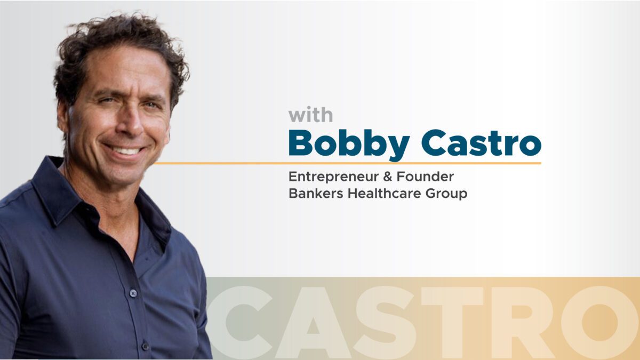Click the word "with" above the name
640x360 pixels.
pos(310,115)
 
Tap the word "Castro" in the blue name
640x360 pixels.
pos(482,143)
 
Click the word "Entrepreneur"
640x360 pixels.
pos(333,177)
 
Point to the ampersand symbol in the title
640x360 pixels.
pos(387,177)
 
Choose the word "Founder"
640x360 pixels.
pos(425,177)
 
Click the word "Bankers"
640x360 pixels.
pos(316,194)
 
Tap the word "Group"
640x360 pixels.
pos(446,194)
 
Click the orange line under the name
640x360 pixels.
pos(347,163)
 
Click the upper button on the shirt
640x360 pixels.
pos(133,293)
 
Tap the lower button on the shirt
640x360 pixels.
pos(145,346)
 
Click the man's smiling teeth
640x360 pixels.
pos(126,150)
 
